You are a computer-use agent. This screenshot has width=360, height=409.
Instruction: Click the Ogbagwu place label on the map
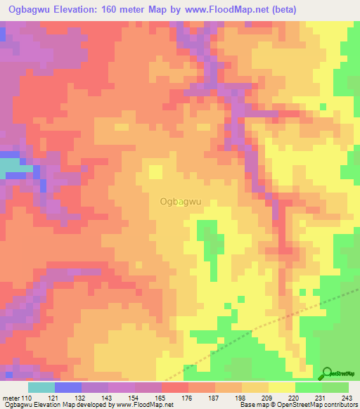click(x=181, y=201)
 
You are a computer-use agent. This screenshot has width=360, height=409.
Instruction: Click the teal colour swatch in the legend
click(x=41, y=387)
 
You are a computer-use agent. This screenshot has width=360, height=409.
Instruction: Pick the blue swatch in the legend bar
click(x=68, y=387)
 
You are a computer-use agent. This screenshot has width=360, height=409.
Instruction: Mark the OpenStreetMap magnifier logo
click(x=327, y=373)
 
